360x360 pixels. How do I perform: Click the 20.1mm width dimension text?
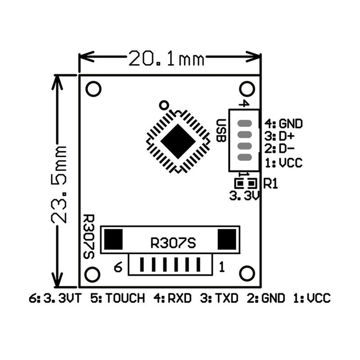tap(166, 58)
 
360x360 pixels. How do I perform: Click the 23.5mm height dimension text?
tap(59, 184)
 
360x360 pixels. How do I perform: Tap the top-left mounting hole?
tap(94, 89)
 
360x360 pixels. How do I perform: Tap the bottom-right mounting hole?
tap(247, 274)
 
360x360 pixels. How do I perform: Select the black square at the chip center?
tap(178, 141)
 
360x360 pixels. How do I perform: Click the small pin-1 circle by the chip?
tap(164, 105)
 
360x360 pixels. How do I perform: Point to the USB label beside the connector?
tap(221, 130)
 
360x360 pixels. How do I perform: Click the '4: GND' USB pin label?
tap(284, 124)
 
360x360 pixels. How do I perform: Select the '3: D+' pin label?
tap(279, 136)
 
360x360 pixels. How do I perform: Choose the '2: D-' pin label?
tap(279, 149)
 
